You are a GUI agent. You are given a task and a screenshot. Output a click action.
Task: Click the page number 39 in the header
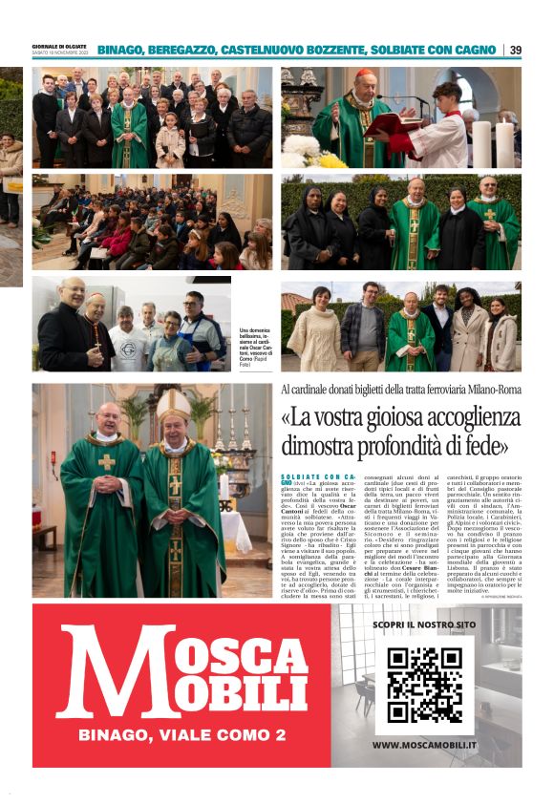tap(516, 50)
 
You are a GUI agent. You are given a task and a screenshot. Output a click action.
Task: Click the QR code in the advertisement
tap(424, 684)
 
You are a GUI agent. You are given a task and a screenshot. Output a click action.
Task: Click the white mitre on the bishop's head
tap(175, 406)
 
